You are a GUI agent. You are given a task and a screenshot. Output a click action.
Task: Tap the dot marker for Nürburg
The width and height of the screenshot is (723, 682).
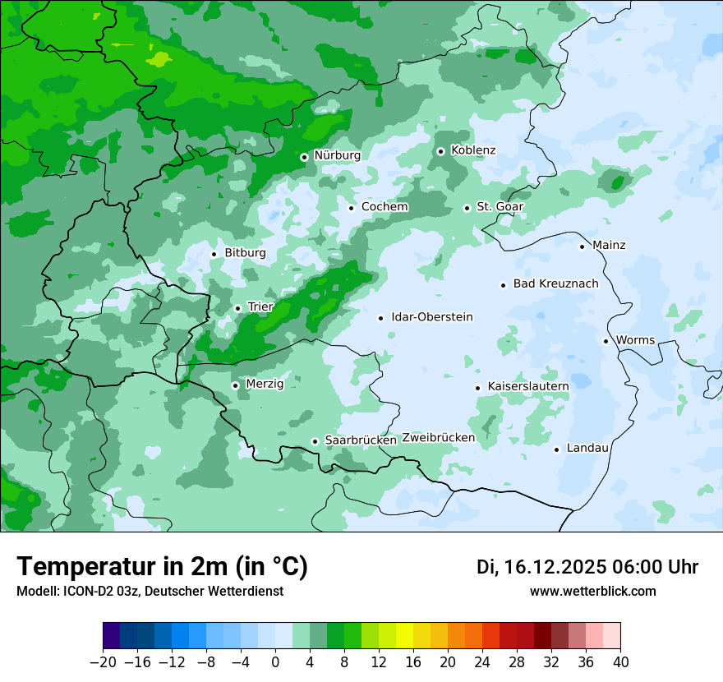tap(304, 156)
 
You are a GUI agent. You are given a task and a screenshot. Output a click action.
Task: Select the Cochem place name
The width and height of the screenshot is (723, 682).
tap(385, 207)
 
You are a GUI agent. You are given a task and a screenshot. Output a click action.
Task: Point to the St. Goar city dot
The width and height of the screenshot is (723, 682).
tap(467, 208)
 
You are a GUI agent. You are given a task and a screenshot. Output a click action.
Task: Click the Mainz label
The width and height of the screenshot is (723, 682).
tap(609, 246)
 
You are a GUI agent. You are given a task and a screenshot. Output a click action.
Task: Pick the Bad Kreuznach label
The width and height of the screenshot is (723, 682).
tap(555, 284)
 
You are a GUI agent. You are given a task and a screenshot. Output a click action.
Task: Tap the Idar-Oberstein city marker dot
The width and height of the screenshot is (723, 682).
tap(380, 318)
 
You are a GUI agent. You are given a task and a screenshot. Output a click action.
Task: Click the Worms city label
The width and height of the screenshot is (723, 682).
tap(635, 340)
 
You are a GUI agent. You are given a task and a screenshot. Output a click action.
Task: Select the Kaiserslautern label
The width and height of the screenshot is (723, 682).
tap(528, 386)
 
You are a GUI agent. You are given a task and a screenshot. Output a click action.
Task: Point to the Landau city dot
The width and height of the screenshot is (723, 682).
tap(556, 449)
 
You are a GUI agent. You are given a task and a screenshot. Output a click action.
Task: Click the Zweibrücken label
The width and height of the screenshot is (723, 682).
tap(438, 438)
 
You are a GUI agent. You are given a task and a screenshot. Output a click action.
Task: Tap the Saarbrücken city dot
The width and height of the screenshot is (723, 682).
tap(315, 441)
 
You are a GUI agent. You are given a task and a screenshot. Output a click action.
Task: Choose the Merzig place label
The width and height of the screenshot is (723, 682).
tap(265, 384)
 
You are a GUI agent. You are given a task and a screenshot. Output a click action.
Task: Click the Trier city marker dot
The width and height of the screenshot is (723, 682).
tap(237, 308)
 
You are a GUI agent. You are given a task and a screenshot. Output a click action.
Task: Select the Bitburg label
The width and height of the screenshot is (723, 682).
tap(245, 253)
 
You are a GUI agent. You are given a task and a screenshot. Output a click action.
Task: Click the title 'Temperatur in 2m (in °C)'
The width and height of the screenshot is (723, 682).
tap(162, 567)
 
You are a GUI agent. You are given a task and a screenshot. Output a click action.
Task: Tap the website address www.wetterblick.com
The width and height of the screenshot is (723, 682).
tap(592, 592)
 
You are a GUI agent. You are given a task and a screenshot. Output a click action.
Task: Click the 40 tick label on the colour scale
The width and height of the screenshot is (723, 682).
tap(620, 661)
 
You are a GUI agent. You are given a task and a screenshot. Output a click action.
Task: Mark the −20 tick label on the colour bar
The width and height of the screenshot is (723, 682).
tap(103, 661)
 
